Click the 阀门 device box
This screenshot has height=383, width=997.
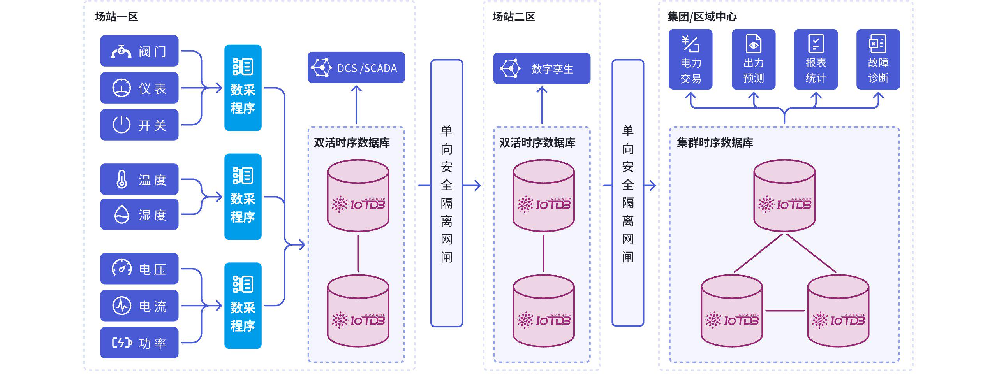pos(139,51)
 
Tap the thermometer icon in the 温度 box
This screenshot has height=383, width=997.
pos(122,179)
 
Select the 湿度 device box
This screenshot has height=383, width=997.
pos(139,214)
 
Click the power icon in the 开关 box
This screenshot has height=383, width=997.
pos(122,125)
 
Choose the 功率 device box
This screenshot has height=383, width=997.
pos(139,343)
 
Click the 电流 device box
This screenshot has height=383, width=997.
pos(139,306)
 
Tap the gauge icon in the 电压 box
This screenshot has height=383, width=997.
pos(122,268)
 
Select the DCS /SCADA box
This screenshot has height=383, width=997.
pos(356,68)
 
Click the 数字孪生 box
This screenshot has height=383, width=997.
pos(541,69)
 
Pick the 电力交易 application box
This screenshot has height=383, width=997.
pos(690,59)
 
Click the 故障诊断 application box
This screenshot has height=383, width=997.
pos(878,59)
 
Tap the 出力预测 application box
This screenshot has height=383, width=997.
pos(753,59)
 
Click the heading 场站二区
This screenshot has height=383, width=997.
pos(514,17)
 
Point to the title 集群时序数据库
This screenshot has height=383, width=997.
pos(715,142)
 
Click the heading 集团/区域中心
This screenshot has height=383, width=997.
pos(702,17)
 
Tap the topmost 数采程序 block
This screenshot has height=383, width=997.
pos(243,88)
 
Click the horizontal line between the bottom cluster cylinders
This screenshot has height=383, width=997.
pos(785,311)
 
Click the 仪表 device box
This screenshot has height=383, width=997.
pos(139,88)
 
